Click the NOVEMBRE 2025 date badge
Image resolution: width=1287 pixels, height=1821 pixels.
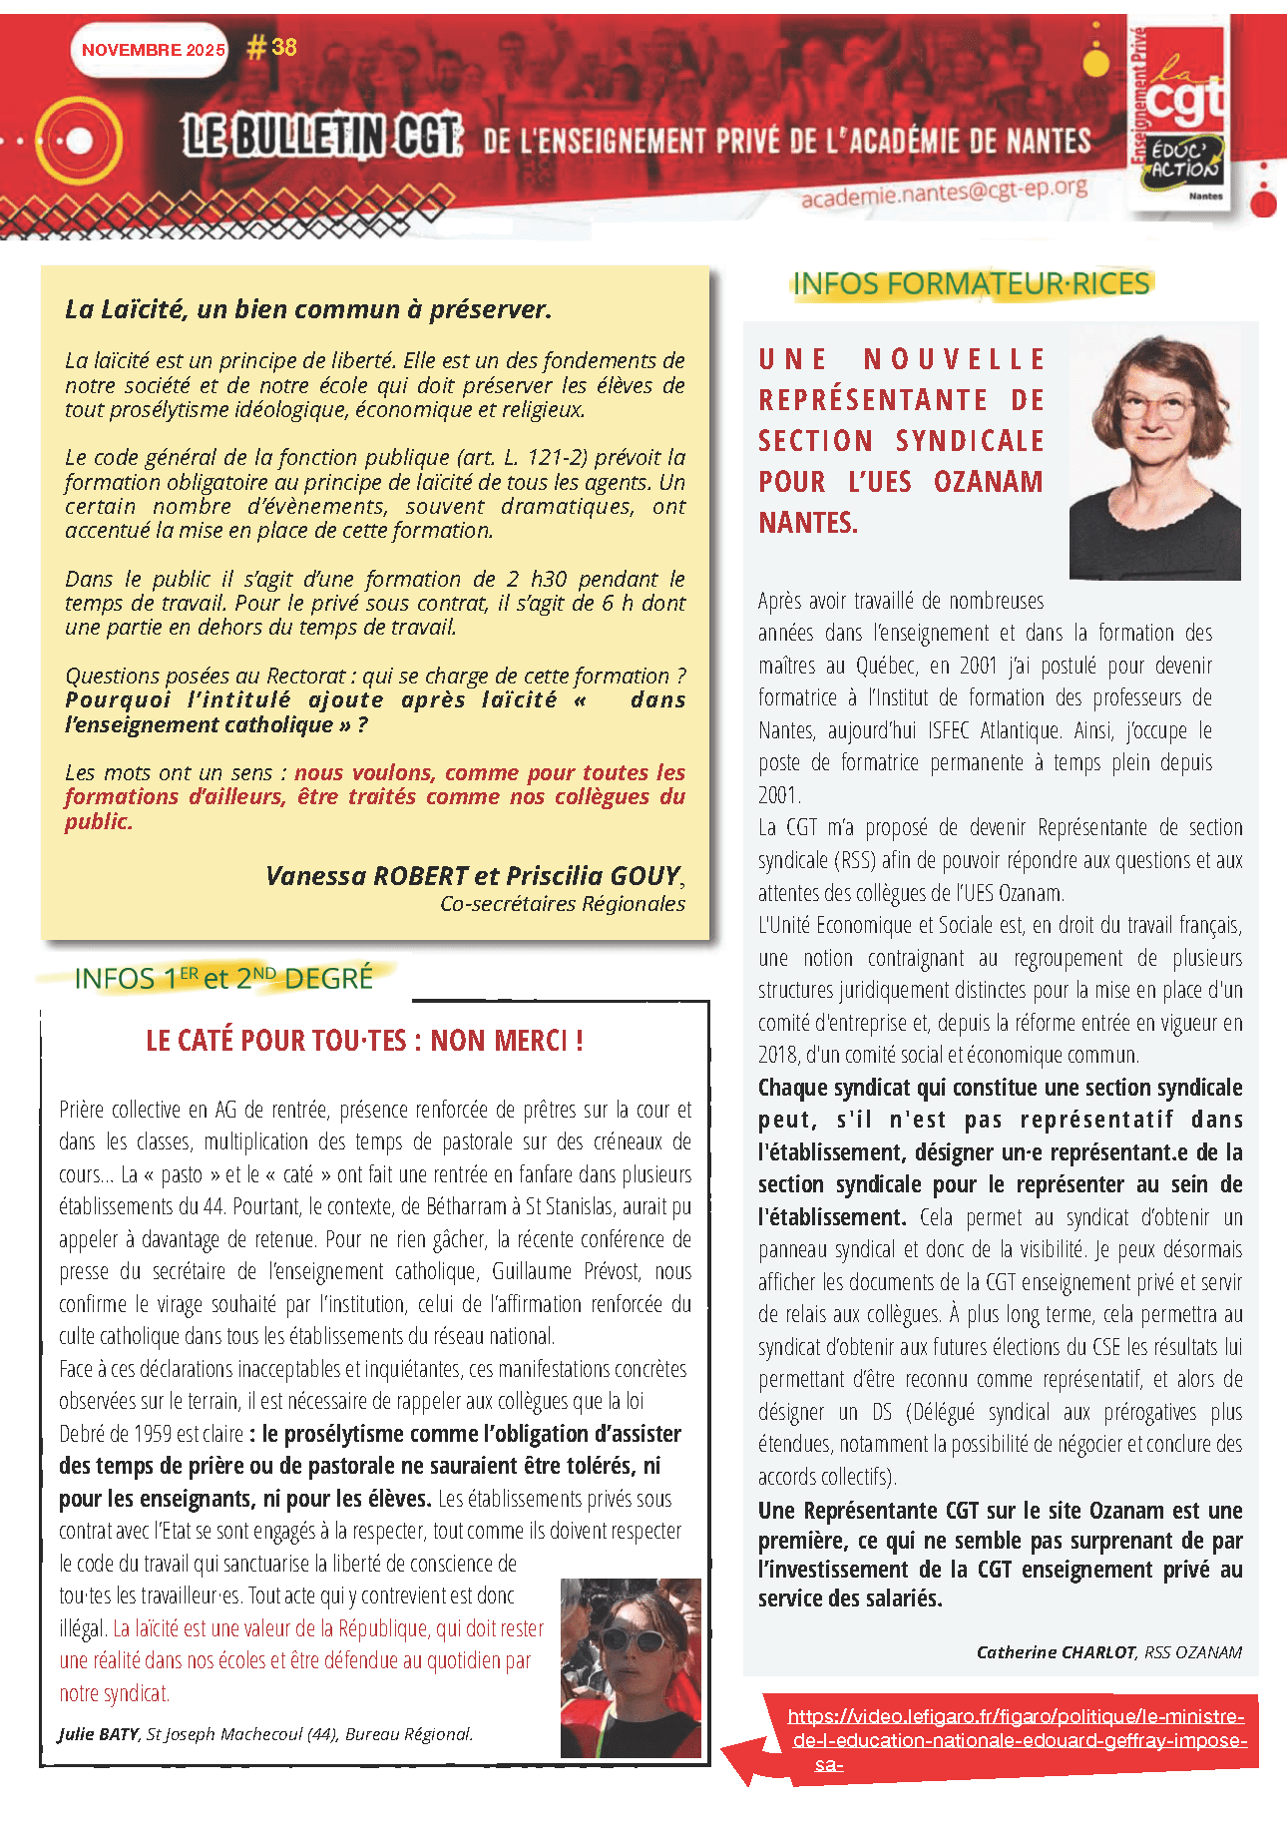click(153, 50)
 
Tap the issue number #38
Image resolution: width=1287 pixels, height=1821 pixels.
click(272, 47)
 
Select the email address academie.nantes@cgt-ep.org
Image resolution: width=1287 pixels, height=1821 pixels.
click(943, 193)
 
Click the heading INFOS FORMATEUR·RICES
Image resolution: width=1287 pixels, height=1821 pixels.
click(971, 284)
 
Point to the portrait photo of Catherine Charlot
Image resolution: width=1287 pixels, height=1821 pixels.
click(1155, 458)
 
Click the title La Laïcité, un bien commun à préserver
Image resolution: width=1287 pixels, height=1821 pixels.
click(308, 309)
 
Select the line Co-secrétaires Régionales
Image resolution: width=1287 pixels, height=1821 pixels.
click(563, 904)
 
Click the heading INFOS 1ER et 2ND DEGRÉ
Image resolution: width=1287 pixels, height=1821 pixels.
click(223, 978)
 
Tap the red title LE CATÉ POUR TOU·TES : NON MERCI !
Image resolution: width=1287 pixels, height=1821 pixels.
click(364, 1041)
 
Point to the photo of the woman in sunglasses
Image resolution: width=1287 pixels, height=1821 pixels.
click(631, 1667)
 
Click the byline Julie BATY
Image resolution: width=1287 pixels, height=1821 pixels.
click(99, 1734)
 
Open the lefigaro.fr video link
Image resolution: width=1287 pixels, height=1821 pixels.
click(1016, 1740)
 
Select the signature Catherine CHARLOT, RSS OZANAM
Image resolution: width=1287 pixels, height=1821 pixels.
click(1108, 1652)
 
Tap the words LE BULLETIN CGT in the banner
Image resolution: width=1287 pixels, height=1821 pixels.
click(323, 136)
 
